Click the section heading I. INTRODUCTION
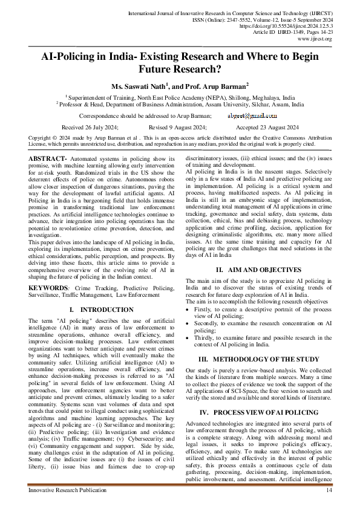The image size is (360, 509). tap(101, 310)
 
